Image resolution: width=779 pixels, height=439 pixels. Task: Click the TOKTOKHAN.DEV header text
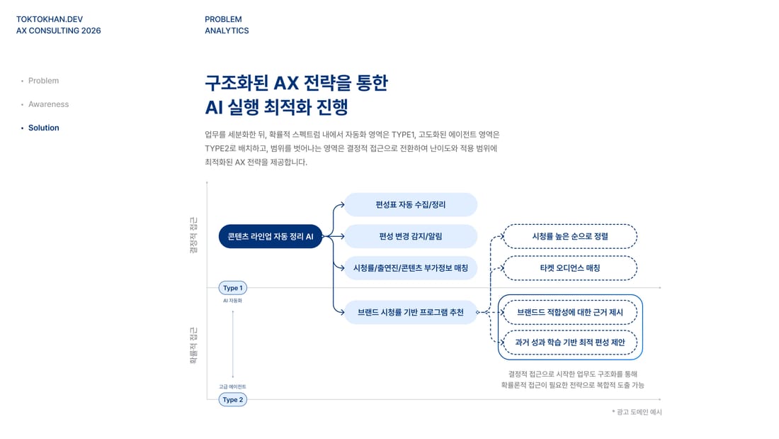(x=50, y=19)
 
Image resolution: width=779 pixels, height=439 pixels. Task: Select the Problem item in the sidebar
(x=43, y=81)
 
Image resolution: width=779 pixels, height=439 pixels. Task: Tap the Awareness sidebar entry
(x=48, y=104)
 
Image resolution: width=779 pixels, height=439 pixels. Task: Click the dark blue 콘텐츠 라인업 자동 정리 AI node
(x=271, y=236)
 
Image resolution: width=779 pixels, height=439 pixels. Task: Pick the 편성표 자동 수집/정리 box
(x=411, y=204)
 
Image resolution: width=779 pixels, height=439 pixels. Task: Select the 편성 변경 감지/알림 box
(x=411, y=236)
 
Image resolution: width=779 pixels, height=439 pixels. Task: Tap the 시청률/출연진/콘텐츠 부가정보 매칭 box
(x=411, y=268)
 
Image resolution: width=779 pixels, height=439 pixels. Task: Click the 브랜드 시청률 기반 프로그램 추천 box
(x=411, y=313)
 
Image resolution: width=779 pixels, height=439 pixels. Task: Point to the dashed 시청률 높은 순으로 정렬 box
(x=570, y=236)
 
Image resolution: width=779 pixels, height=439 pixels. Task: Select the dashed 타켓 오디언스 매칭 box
(x=570, y=268)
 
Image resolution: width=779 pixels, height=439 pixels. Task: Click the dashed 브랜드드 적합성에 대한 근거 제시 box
(x=570, y=313)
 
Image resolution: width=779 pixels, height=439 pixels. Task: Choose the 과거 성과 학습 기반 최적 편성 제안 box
(x=570, y=343)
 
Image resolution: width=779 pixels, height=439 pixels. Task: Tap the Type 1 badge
(x=233, y=288)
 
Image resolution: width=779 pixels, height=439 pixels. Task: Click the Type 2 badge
(x=233, y=400)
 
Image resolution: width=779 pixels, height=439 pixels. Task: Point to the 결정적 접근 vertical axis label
(x=193, y=235)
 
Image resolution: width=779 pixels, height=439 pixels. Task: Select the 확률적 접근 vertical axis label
(x=193, y=345)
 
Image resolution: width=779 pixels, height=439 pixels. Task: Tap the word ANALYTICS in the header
(x=227, y=31)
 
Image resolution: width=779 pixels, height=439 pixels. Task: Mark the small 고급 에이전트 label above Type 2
(x=232, y=387)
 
